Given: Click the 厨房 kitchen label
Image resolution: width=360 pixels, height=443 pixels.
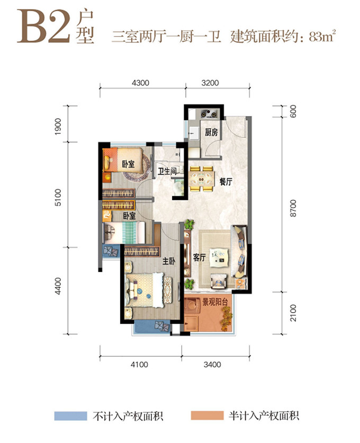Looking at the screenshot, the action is (x=211, y=132).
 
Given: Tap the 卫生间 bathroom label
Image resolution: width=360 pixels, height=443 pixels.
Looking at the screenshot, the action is (x=167, y=171).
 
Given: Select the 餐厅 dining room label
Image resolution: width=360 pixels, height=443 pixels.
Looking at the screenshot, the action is (x=226, y=182).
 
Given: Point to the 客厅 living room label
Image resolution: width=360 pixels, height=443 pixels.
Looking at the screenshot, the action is (x=199, y=258).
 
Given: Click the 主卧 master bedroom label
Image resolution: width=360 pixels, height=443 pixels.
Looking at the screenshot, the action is (x=168, y=261).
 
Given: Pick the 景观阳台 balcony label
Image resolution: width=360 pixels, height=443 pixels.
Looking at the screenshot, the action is (x=215, y=302).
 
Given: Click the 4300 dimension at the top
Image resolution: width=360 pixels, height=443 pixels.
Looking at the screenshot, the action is (x=140, y=83).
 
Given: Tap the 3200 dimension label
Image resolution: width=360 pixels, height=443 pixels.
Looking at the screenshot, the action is (x=210, y=83).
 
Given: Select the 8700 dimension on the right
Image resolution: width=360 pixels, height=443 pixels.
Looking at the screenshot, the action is (x=293, y=208).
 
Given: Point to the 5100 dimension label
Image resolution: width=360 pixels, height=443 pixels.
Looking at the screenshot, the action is (x=58, y=198).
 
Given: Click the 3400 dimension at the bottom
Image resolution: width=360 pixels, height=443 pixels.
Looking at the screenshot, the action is (x=212, y=365).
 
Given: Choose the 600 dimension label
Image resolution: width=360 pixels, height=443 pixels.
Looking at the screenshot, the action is (x=293, y=111).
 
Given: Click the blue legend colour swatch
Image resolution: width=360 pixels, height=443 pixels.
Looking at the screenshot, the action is (x=70, y=416).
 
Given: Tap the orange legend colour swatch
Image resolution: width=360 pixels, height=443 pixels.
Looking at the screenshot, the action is (x=207, y=415).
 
